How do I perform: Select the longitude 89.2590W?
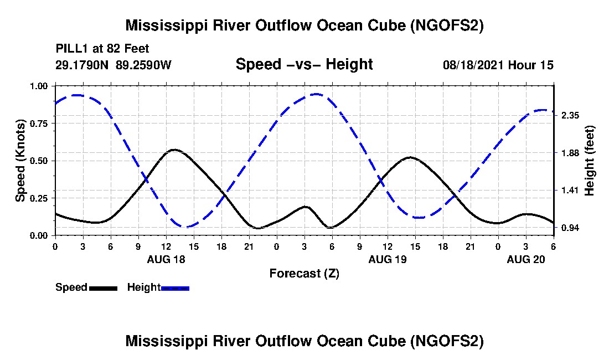(x=144, y=65)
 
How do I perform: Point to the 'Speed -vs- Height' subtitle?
(x=304, y=64)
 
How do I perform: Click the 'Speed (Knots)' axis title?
(x=20, y=161)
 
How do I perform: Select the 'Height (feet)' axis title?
(x=589, y=161)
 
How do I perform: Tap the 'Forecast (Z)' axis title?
(x=304, y=273)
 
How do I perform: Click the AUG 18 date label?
(x=166, y=259)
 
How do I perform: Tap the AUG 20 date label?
(x=525, y=259)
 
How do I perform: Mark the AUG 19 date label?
(x=387, y=259)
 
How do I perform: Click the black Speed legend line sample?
(x=103, y=288)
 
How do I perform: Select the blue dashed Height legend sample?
(x=175, y=288)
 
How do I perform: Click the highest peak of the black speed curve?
(x=174, y=150)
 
